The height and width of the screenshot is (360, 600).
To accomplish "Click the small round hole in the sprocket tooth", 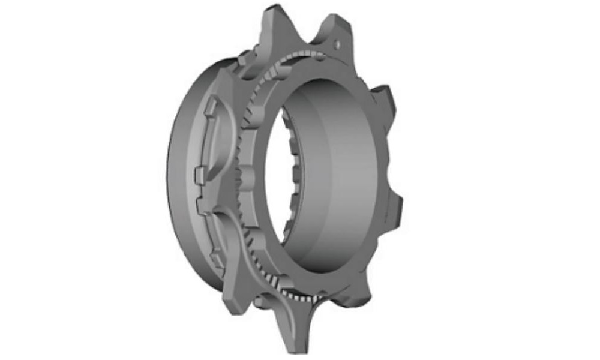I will point(338,43).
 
